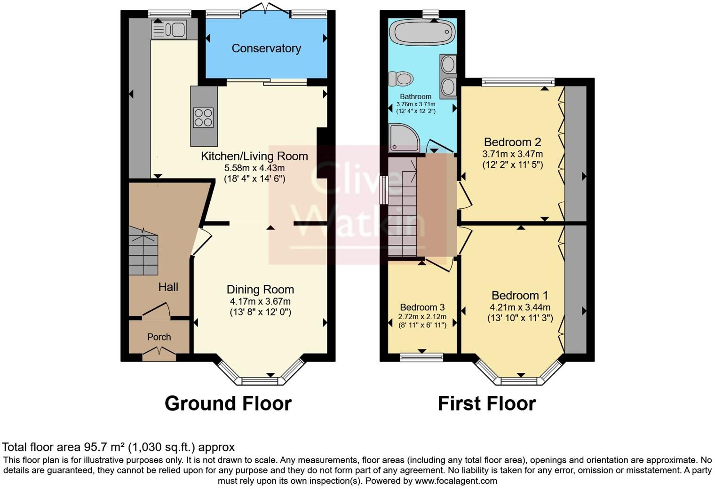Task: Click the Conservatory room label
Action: [266, 48]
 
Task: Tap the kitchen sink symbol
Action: [169, 30]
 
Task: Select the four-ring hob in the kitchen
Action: [204, 118]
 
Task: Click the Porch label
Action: [159, 337]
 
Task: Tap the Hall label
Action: [168, 287]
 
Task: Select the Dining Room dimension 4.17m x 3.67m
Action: [260, 301]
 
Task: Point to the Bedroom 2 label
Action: [512, 142]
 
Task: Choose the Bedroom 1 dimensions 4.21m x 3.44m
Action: [520, 308]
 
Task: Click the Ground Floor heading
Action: [228, 403]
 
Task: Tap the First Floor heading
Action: [487, 403]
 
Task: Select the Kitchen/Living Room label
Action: [254, 156]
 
